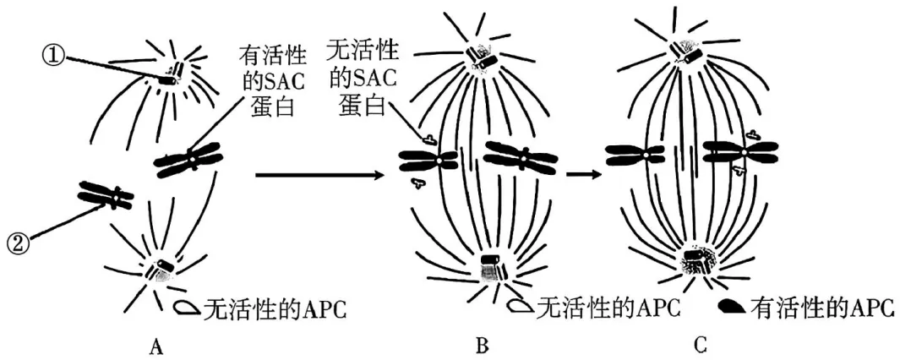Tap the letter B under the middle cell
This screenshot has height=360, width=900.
pos(482,346)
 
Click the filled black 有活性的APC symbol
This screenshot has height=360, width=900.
pos(733,309)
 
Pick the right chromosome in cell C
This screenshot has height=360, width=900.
pos(740,153)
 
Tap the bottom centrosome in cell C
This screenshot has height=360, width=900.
pos(699,258)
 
